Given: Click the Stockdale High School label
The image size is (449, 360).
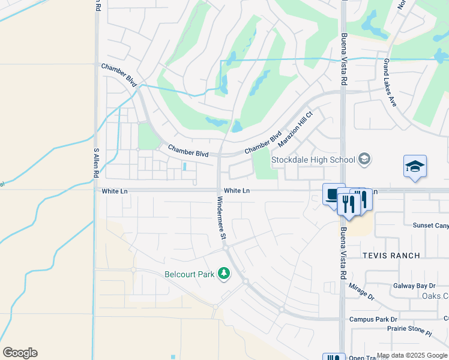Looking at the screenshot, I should [x=313, y=160].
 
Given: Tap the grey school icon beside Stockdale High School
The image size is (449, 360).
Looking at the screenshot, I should [x=364, y=159].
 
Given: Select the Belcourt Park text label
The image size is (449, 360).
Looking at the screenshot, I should [x=190, y=275].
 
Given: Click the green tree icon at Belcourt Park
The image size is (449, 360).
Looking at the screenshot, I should [x=224, y=274].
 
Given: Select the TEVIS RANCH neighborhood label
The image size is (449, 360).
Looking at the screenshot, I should [x=391, y=256].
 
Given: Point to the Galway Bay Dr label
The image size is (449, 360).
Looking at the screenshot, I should [x=414, y=286].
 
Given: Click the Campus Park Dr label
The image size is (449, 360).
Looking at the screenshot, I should [x=373, y=319].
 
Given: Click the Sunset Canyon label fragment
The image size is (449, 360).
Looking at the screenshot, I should [x=430, y=226].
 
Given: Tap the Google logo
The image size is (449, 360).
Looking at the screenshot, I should [x=20, y=353].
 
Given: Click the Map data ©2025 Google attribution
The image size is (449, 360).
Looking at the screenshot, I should [x=412, y=355].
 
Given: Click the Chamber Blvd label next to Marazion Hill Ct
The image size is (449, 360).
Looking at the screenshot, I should [x=263, y=143].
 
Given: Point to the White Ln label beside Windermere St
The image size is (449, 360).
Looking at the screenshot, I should [x=237, y=191].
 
